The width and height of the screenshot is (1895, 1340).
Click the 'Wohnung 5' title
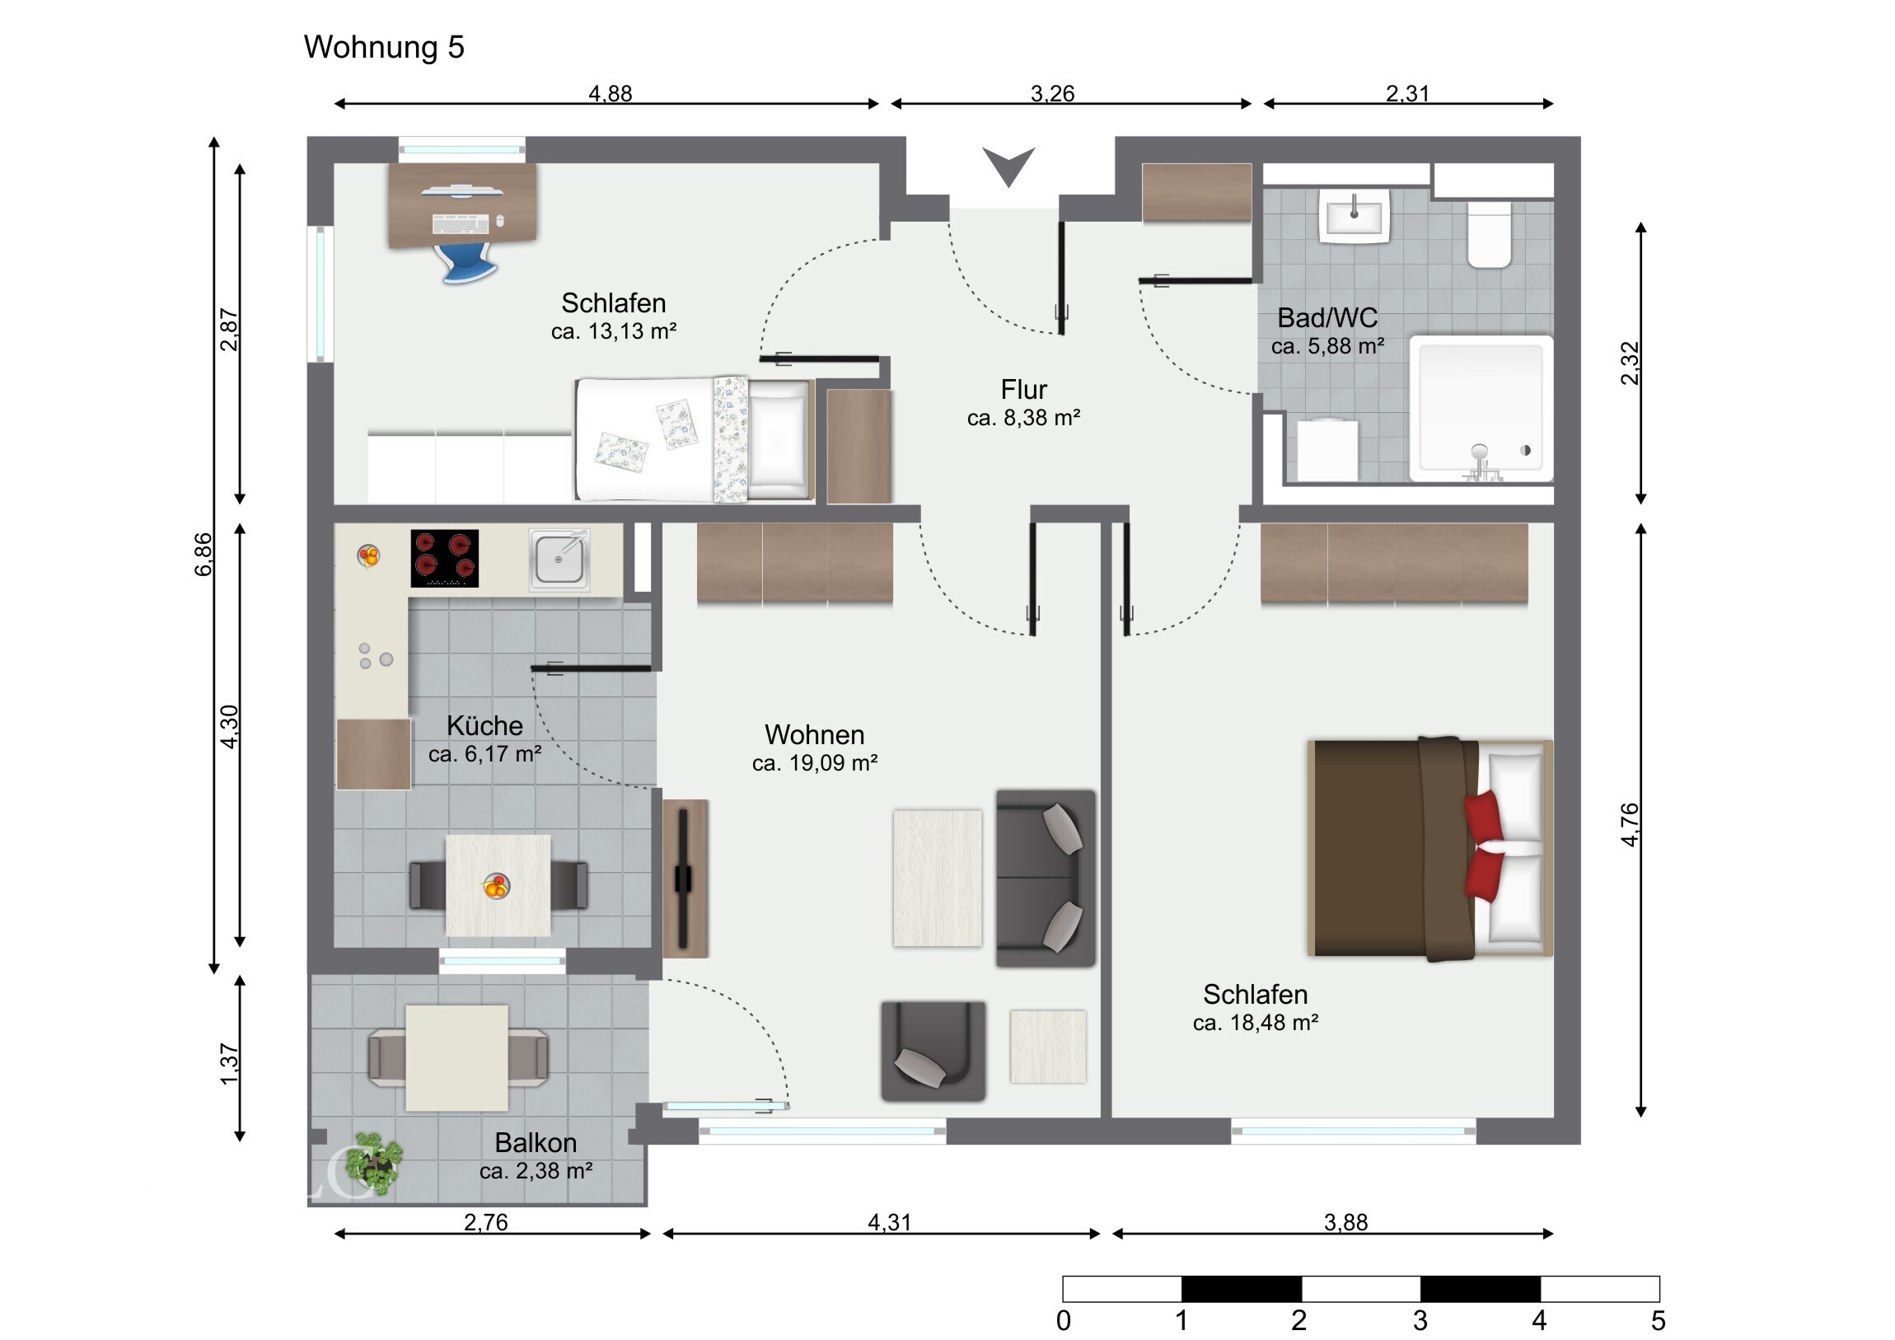pyautogui.click(x=384, y=47)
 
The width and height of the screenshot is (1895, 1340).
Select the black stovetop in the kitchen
pyautogui.click(x=444, y=558)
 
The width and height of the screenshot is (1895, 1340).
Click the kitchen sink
pyautogui.click(x=559, y=560)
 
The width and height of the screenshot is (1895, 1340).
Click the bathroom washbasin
pyautogui.click(x=1354, y=216)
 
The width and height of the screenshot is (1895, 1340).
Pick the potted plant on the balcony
pyautogui.click(x=374, y=1164)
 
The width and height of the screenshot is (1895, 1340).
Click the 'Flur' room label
pyautogui.click(x=1023, y=389)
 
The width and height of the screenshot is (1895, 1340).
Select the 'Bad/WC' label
pyautogui.click(x=1327, y=318)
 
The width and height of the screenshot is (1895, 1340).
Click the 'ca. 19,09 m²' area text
pyautogui.click(x=815, y=763)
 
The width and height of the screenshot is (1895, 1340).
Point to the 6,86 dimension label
pyautogui.click(x=203, y=555)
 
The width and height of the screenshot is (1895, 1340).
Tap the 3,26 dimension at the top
pyautogui.click(x=1052, y=93)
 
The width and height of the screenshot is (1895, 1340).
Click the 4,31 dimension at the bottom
pyautogui.click(x=890, y=1222)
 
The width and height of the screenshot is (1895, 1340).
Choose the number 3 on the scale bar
pyautogui.click(x=1420, y=1321)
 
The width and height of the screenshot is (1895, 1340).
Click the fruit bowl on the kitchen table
pyautogui.click(x=496, y=886)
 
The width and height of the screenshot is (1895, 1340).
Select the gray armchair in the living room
pyautogui.click(x=933, y=1051)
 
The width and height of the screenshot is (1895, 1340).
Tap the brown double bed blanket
pyautogui.click(x=1395, y=848)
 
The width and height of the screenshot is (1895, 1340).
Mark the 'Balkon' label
pyautogui.click(x=536, y=1143)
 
